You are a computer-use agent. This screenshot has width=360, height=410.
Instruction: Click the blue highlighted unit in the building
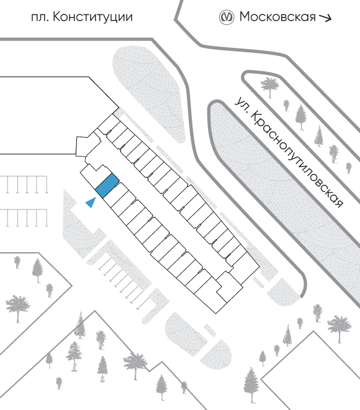(107, 186)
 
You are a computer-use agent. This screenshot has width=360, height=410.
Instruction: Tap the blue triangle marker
(91, 203)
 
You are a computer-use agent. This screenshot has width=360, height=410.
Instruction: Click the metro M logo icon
(226, 17)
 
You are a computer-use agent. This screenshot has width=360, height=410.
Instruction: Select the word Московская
(277, 17)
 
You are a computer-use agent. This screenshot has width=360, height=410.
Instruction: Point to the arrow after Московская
(325, 17)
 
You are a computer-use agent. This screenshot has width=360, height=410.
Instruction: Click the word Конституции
(92, 17)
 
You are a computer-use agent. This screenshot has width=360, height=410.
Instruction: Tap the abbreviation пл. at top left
(40, 18)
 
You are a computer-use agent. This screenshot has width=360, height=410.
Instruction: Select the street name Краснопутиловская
(297, 158)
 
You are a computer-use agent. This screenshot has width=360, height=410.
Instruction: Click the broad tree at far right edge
(339, 328)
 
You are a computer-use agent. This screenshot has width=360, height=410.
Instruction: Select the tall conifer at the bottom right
(251, 385)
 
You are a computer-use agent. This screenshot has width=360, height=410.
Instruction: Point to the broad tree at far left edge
(18, 308)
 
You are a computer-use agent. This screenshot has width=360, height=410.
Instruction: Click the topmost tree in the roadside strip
(270, 87)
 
